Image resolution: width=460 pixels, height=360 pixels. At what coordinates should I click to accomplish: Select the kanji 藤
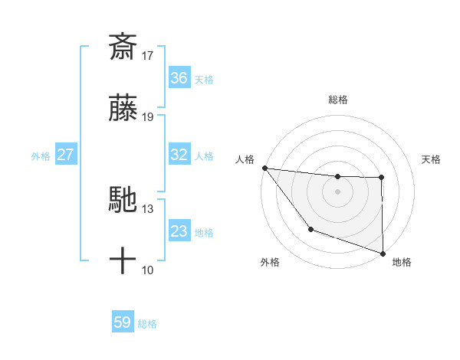pyautogui.click(x=123, y=110)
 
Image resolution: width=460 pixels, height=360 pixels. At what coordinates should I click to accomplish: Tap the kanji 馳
pyautogui.click(x=123, y=201)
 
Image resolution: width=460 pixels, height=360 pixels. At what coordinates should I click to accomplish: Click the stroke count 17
pyautogui.click(x=148, y=55)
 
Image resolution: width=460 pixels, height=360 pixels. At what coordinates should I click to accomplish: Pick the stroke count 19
pyautogui.click(x=148, y=117)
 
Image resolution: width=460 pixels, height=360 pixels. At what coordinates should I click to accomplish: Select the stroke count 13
pyautogui.click(x=148, y=209)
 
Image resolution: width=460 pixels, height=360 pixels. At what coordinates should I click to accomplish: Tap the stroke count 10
pyautogui.click(x=148, y=270)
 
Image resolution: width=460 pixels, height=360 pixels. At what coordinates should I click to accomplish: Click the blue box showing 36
pyautogui.click(x=179, y=78)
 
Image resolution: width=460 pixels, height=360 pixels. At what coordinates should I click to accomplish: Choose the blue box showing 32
pyautogui.click(x=179, y=155)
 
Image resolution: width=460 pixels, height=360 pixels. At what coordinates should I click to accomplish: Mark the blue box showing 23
pyautogui.click(x=179, y=231)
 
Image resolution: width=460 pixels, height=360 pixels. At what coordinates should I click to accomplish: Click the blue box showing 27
pyautogui.click(x=66, y=155)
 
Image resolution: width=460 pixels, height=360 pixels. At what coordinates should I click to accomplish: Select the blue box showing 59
pyautogui.click(x=123, y=322)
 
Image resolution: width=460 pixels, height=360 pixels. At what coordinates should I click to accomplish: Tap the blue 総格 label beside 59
pyautogui.click(x=147, y=324)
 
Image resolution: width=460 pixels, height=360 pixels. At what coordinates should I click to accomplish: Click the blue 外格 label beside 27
pyautogui.click(x=41, y=156)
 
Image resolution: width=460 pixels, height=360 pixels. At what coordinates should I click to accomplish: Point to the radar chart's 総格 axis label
pyautogui.click(x=338, y=100)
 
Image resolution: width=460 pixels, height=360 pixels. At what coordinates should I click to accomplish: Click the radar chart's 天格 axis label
pyautogui.click(x=432, y=159)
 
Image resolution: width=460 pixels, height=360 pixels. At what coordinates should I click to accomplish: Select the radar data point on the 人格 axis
pyautogui.click(x=264, y=168)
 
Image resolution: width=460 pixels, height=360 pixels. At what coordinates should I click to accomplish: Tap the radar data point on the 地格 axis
pyautogui.click(x=383, y=253)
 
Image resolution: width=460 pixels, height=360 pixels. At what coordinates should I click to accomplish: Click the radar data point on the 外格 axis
pyautogui.click(x=310, y=229)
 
